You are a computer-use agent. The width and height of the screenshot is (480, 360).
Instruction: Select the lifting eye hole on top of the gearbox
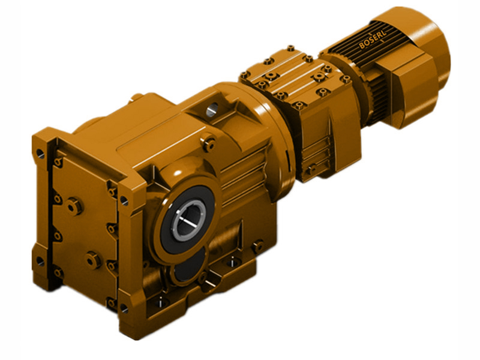point(212,110)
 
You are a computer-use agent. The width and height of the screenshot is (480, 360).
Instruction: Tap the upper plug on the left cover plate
point(73,206)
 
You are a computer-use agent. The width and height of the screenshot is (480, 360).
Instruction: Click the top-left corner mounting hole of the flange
point(40,154)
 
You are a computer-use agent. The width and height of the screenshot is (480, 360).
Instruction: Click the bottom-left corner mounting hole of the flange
point(40,260)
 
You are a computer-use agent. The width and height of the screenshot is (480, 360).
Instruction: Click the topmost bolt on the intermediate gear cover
point(290,48)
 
